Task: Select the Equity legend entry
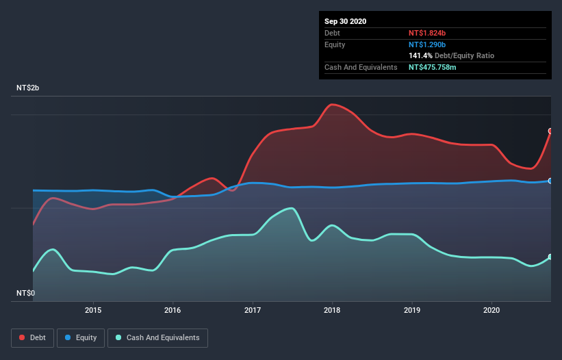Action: [x=81, y=337]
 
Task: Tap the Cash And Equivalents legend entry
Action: [x=157, y=337]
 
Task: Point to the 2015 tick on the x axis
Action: [x=93, y=310]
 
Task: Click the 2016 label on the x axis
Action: [x=173, y=310]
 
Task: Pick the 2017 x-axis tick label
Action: [x=253, y=310]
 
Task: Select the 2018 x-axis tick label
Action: [x=333, y=310]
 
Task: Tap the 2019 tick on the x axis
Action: [x=412, y=310]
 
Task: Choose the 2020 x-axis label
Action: [x=491, y=310]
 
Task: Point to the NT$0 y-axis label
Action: [x=27, y=293]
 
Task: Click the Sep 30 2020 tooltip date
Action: [x=346, y=21]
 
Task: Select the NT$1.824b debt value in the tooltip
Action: [x=427, y=33]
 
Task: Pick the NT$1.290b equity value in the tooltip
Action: [x=427, y=44]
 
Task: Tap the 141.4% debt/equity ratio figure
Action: [x=420, y=55]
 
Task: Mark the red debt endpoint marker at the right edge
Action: [x=550, y=131]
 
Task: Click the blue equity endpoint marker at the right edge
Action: [x=550, y=181]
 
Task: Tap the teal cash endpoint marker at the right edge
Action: [x=550, y=257]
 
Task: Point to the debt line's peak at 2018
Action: [x=333, y=104]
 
